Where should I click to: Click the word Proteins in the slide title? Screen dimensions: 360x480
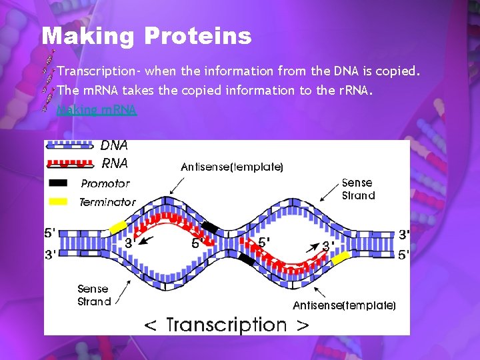197,36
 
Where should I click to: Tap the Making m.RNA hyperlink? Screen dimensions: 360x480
97,110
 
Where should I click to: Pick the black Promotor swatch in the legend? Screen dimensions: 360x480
58,183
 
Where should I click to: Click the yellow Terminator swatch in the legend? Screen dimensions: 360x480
58,201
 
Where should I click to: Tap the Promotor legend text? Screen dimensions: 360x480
105,183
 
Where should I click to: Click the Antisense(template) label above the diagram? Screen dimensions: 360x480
232,167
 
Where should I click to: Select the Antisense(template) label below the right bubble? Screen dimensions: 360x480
344,305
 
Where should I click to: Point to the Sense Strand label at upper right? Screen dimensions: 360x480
358,189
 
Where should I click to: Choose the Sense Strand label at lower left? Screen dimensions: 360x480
94,295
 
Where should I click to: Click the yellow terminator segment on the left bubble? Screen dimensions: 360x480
118,226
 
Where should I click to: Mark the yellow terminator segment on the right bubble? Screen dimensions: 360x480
341,257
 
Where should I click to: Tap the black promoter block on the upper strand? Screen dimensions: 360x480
209,228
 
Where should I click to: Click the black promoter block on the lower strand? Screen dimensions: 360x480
245,259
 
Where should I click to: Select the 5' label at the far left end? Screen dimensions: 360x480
50,234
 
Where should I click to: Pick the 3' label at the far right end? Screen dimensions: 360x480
404,235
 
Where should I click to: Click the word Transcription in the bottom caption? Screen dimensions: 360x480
226,325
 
